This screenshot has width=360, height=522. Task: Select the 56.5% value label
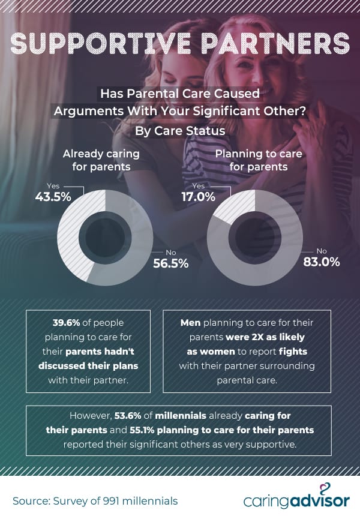click(x=171, y=263)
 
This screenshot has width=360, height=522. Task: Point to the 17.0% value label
click(x=198, y=196)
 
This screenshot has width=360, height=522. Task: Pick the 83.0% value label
click(x=322, y=262)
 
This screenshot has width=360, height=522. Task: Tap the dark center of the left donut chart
click(x=105, y=238)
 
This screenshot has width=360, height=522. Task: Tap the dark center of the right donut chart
click(x=255, y=238)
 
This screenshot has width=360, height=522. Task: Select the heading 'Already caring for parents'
click(x=101, y=160)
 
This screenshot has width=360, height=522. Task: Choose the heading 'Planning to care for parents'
click(x=258, y=160)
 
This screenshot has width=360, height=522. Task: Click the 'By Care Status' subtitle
click(x=181, y=130)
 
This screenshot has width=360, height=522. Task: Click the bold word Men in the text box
click(x=191, y=323)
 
